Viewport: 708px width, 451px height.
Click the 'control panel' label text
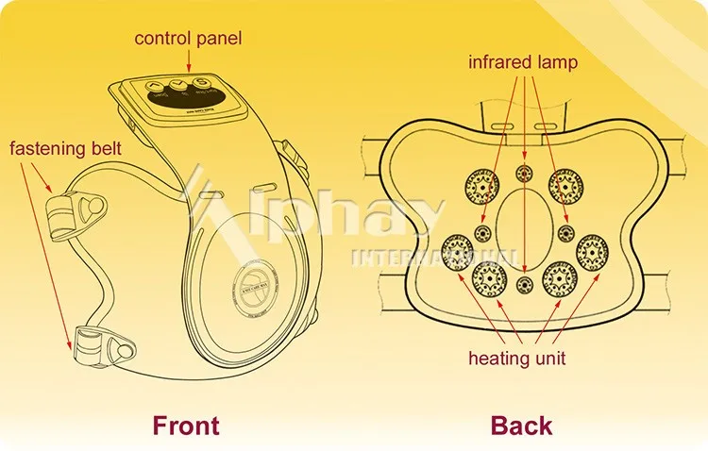tap(187, 39)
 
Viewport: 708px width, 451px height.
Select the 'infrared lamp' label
tap(523, 63)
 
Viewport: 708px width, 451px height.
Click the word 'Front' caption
tap(186, 425)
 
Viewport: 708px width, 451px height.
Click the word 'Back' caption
tap(520, 425)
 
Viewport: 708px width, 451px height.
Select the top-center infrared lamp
tap(524, 174)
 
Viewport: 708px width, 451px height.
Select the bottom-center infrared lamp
tap(525, 284)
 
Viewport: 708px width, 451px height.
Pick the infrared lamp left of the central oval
tap(483, 233)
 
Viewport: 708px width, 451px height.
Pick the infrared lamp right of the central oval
tap(565, 233)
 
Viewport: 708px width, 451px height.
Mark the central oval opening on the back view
tap(525, 229)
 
